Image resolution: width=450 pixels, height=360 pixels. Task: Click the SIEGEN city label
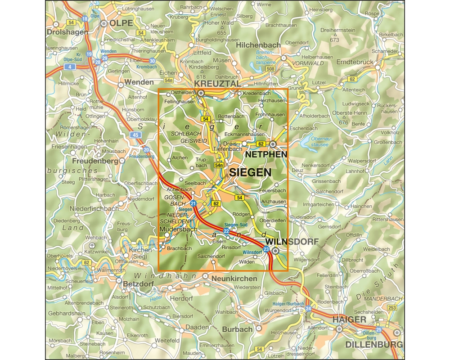(250, 172)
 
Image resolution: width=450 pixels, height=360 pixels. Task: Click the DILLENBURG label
(374, 345)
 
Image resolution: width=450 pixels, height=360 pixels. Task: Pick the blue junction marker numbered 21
(193, 204)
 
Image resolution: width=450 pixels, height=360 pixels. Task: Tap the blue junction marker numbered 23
(266, 249)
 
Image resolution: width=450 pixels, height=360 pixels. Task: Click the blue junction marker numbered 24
(308, 309)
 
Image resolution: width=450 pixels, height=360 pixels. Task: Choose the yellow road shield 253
(392, 308)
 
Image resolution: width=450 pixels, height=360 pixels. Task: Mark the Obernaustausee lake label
(321, 142)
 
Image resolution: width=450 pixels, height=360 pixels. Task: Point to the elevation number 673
(334, 40)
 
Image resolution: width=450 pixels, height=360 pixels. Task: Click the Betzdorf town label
(138, 284)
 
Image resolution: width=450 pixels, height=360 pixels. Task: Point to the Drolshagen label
(66, 32)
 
